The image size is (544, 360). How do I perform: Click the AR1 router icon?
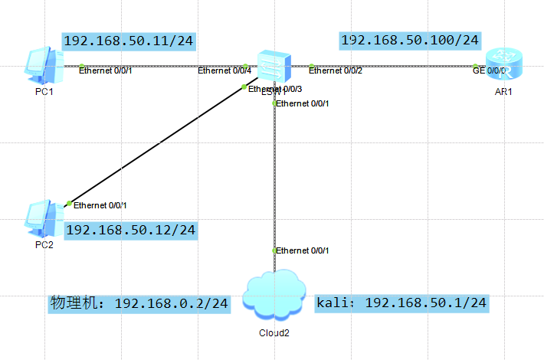point(504,65)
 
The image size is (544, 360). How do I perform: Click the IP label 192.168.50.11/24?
point(128,41)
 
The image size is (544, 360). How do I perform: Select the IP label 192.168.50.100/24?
point(410,40)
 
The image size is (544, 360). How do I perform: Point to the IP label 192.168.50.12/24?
point(130,230)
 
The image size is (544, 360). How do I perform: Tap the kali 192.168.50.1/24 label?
point(401,303)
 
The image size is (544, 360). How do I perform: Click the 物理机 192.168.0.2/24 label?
point(139,304)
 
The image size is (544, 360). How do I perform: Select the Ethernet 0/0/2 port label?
point(336,71)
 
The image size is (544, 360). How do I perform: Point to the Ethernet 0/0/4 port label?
point(224,71)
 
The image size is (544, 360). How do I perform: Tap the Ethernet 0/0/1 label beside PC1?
point(106,71)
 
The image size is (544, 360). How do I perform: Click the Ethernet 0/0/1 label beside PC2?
point(100,205)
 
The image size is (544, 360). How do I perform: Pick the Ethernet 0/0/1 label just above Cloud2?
point(303,250)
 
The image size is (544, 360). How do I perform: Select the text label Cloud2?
point(274,333)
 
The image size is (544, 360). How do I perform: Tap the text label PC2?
point(44,245)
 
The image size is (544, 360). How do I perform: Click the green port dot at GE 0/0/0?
point(475,67)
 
